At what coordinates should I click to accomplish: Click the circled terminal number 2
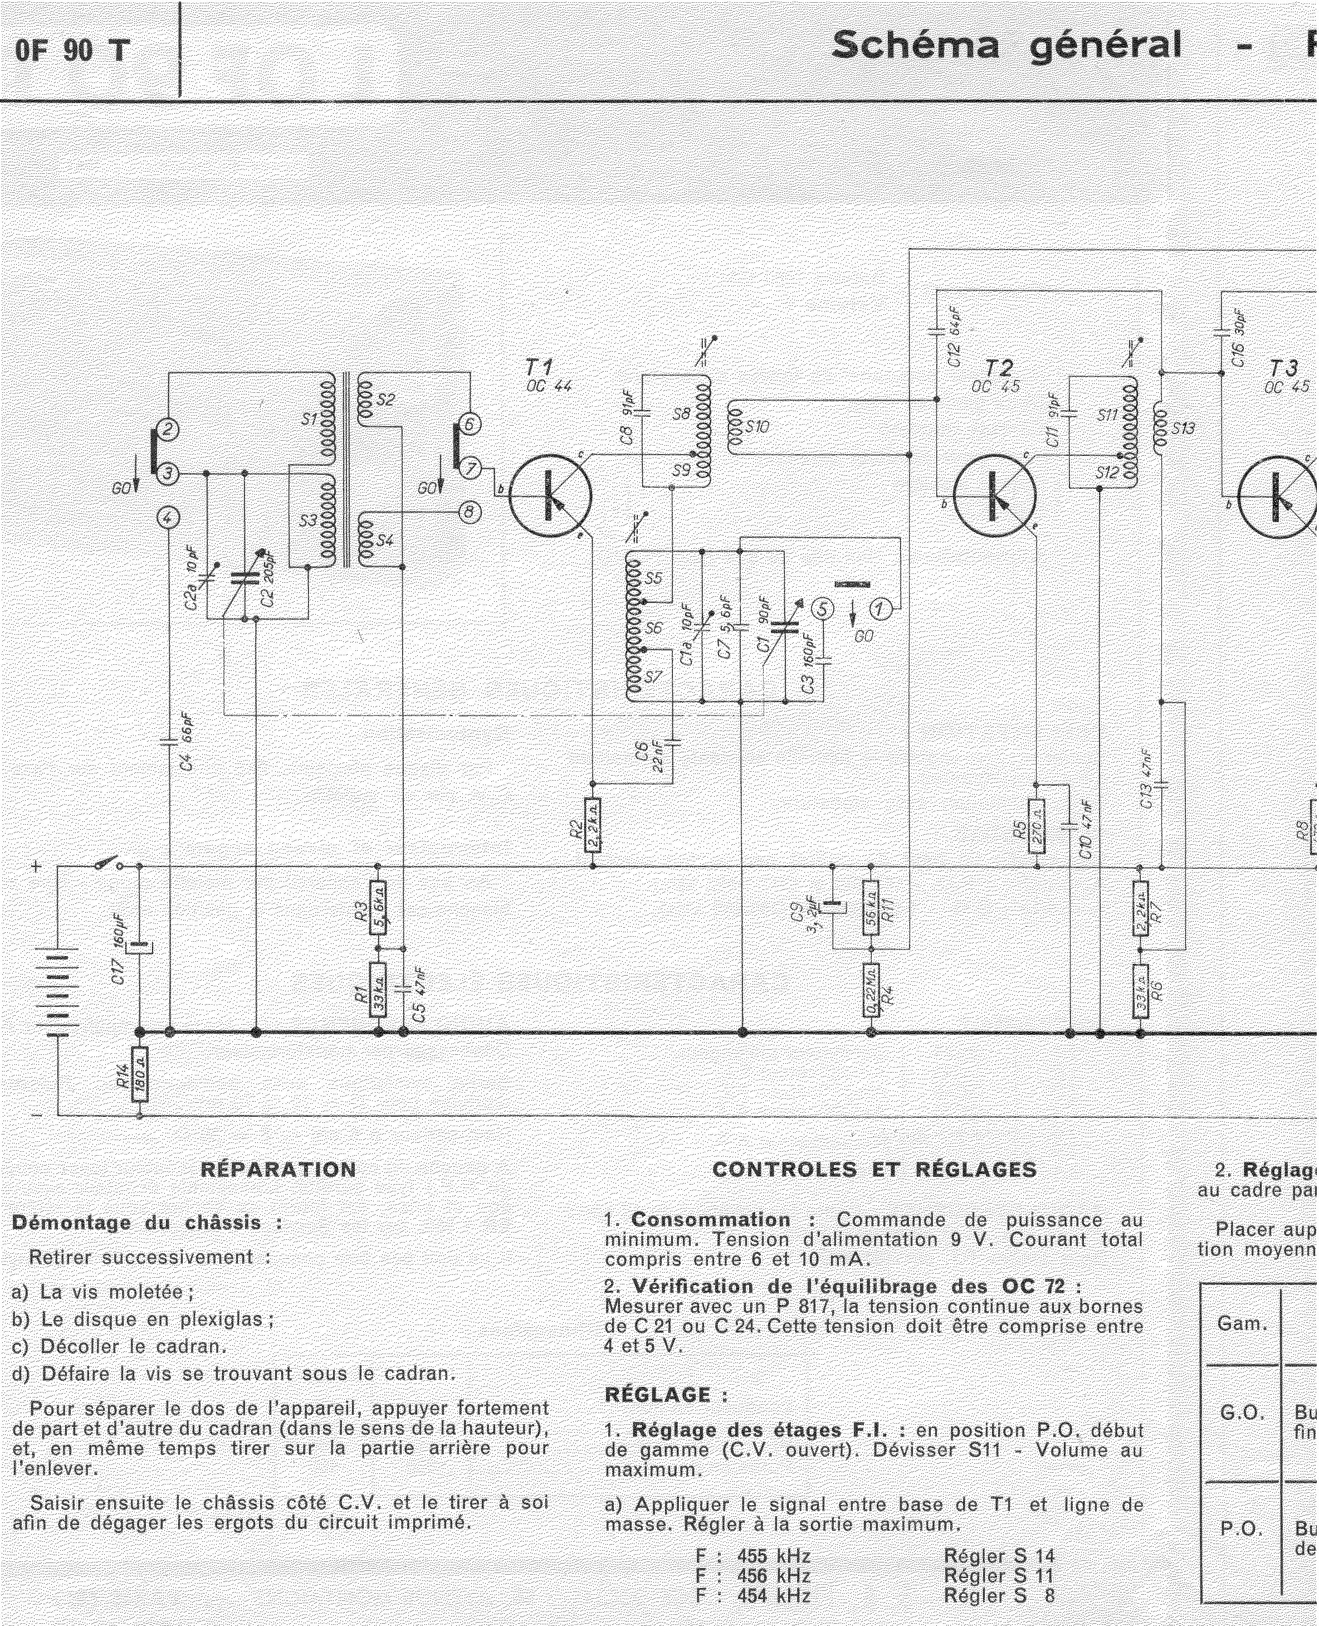tap(168, 430)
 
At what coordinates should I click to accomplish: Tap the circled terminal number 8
tap(469, 513)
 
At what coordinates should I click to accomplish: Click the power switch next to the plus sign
tap(106, 864)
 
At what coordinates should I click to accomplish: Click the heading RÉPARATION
tap(278, 1170)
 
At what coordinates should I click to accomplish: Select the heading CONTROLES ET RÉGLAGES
tap(874, 1170)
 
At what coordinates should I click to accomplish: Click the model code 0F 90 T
tap(72, 50)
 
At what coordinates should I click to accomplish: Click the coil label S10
tap(758, 427)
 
